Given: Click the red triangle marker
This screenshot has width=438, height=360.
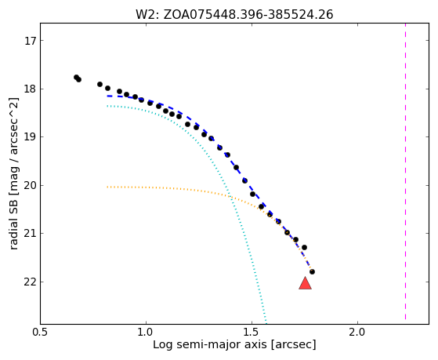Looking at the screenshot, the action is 305,283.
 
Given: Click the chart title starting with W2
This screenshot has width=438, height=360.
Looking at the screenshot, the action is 234,15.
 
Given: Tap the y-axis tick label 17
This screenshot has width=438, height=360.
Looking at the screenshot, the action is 31,41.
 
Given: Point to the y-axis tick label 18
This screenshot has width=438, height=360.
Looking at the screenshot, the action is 31,89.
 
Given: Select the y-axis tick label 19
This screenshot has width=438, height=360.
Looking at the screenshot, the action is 31,137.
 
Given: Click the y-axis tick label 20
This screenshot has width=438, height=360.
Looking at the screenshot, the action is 31,186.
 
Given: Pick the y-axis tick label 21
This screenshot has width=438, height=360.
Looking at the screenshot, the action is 31,234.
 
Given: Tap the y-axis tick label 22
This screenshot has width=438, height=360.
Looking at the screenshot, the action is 31,282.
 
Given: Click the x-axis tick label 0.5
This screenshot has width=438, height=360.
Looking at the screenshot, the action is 41,333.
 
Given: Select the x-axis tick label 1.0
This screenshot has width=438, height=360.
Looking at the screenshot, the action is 146,333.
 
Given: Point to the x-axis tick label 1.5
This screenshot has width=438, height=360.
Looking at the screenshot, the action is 252,333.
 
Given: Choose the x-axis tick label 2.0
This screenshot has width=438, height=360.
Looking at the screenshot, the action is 357,333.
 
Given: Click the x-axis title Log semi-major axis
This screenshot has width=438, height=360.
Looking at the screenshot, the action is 209,344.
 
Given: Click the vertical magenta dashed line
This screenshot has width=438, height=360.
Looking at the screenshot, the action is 405,172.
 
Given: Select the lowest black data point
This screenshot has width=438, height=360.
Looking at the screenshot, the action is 312,271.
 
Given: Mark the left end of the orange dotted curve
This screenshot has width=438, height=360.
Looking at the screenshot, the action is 107,187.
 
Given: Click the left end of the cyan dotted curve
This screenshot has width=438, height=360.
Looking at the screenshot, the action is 107,106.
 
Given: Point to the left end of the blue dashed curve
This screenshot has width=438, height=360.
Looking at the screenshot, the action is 107,96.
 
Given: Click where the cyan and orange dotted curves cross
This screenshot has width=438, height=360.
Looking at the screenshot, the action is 230,196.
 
